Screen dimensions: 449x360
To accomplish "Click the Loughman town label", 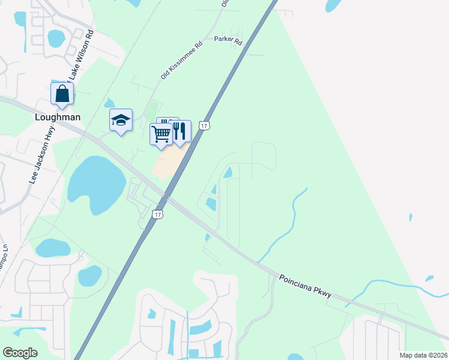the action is [58, 117].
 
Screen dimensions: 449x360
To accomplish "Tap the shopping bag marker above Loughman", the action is [62, 94].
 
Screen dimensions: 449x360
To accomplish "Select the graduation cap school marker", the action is [121, 121].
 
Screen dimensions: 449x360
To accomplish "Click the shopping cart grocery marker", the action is [161, 134].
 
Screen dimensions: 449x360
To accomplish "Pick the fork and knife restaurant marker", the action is [179, 131].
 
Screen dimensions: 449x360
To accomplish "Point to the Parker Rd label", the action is [228, 41].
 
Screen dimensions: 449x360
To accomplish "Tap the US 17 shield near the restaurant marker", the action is [205, 125].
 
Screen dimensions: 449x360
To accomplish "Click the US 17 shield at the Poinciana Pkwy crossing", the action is [157, 214].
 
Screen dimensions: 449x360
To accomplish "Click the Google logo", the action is [20, 353].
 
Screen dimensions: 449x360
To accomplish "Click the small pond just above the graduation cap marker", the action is [109, 104].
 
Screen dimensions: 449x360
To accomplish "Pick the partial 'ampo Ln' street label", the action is [5, 256].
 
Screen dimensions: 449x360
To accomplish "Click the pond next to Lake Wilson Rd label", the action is [56, 38].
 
